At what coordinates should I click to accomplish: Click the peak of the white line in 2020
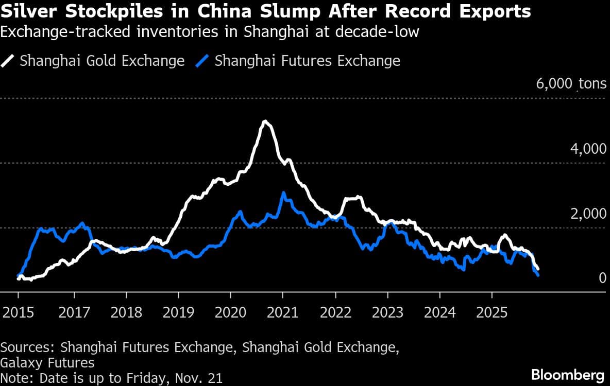coord(265,121)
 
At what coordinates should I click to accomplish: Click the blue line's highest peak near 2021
coord(283,193)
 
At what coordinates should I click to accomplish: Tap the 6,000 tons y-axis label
coord(571,84)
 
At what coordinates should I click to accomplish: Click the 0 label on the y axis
coord(602,278)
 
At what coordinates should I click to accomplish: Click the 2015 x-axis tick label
coord(18,312)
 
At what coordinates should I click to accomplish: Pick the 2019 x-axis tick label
coord(178,312)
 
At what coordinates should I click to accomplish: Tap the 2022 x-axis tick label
coord(335,312)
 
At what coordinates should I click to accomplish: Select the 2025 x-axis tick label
coord(492,312)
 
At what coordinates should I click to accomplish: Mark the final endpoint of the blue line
coord(538,275)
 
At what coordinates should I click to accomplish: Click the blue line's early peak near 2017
coord(82,223)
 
